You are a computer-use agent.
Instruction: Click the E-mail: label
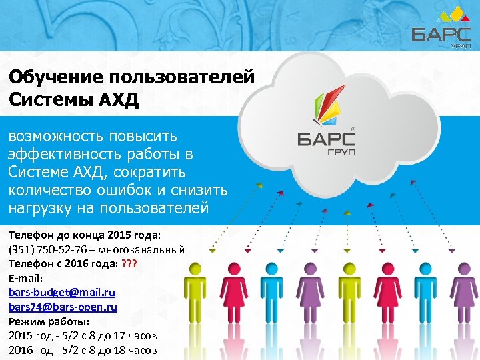coord(25,278)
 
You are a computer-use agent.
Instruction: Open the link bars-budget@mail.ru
coord(61,293)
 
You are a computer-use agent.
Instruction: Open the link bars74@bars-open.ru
coord(63,307)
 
